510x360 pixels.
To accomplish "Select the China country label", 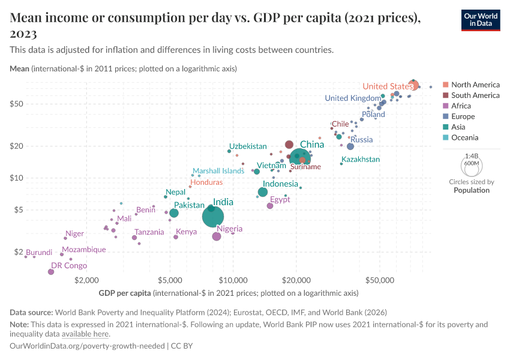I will tap(312, 145).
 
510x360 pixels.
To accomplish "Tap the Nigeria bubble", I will tap(217, 236).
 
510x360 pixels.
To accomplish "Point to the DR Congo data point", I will tap(51, 272).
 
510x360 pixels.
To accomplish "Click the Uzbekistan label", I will tap(248, 146).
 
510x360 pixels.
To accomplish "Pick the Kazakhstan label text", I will tap(360, 160).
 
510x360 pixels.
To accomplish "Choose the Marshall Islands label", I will tap(218, 171).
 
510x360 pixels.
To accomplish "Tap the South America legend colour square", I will tap(445, 95).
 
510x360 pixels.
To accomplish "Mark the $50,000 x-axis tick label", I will tap(379, 280).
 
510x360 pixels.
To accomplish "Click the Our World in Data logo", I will tap(481, 20).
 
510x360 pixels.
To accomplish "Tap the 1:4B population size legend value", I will tap(472, 155).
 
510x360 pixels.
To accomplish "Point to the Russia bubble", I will tap(350, 146).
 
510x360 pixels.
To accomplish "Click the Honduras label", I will tap(206, 182).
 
